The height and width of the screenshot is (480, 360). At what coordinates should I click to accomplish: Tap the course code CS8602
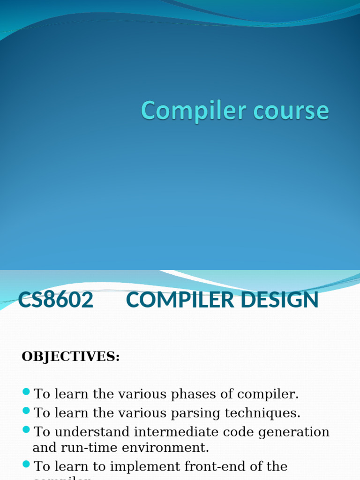[x=56, y=300]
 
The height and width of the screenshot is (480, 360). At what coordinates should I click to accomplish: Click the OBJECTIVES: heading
[x=71, y=357]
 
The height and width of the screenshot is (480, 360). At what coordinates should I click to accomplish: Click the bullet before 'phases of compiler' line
[x=26, y=391]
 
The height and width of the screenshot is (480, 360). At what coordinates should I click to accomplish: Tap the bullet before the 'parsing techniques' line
[x=26, y=411]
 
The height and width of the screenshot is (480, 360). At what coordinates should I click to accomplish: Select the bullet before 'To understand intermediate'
[x=26, y=429]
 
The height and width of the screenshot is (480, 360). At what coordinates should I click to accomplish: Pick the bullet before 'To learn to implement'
[x=26, y=464]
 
